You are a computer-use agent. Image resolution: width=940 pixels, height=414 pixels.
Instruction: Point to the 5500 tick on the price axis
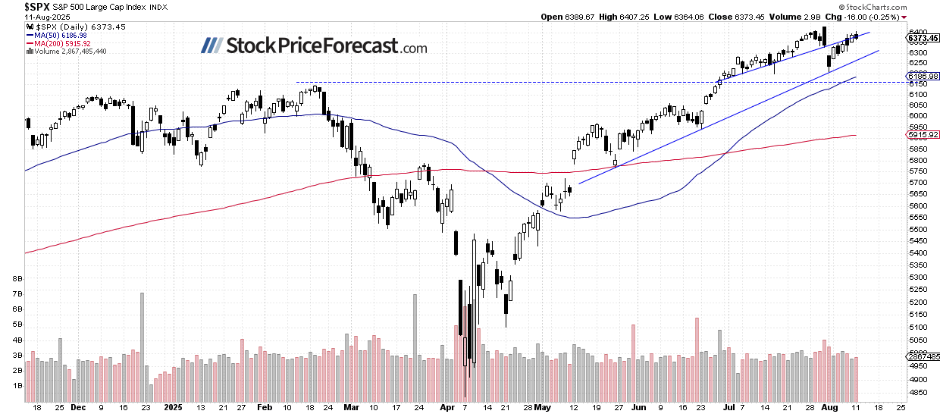click(917, 229)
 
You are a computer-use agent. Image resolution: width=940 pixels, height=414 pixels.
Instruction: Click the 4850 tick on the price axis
click(917, 392)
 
